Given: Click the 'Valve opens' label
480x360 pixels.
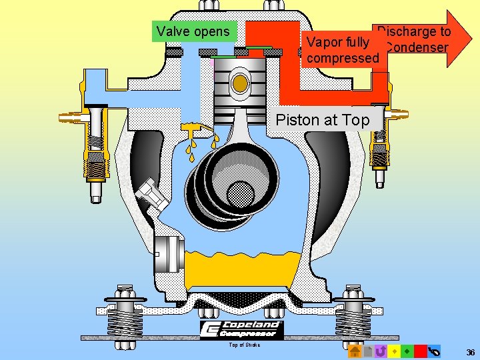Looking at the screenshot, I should (193, 31).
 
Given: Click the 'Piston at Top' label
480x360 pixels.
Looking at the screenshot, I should (322, 120).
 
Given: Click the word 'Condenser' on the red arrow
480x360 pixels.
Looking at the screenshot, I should (416, 47).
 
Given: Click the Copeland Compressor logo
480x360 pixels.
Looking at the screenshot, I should (242, 329).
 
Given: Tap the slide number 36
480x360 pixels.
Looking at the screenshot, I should (471, 353).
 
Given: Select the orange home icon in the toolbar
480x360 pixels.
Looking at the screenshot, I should (354, 351).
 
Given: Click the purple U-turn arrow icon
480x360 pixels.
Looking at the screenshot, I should (381, 351).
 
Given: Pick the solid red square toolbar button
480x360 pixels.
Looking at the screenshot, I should (421, 351).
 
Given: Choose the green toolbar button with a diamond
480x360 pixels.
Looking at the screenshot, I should (407, 351).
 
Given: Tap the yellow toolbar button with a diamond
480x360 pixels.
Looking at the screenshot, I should (394, 351).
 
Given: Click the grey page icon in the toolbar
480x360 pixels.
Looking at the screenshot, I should (367, 351).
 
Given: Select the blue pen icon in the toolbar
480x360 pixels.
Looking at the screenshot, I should (435, 351).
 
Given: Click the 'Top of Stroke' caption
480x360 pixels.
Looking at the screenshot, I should (244, 345).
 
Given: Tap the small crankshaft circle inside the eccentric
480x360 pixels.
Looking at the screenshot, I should (240, 194).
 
